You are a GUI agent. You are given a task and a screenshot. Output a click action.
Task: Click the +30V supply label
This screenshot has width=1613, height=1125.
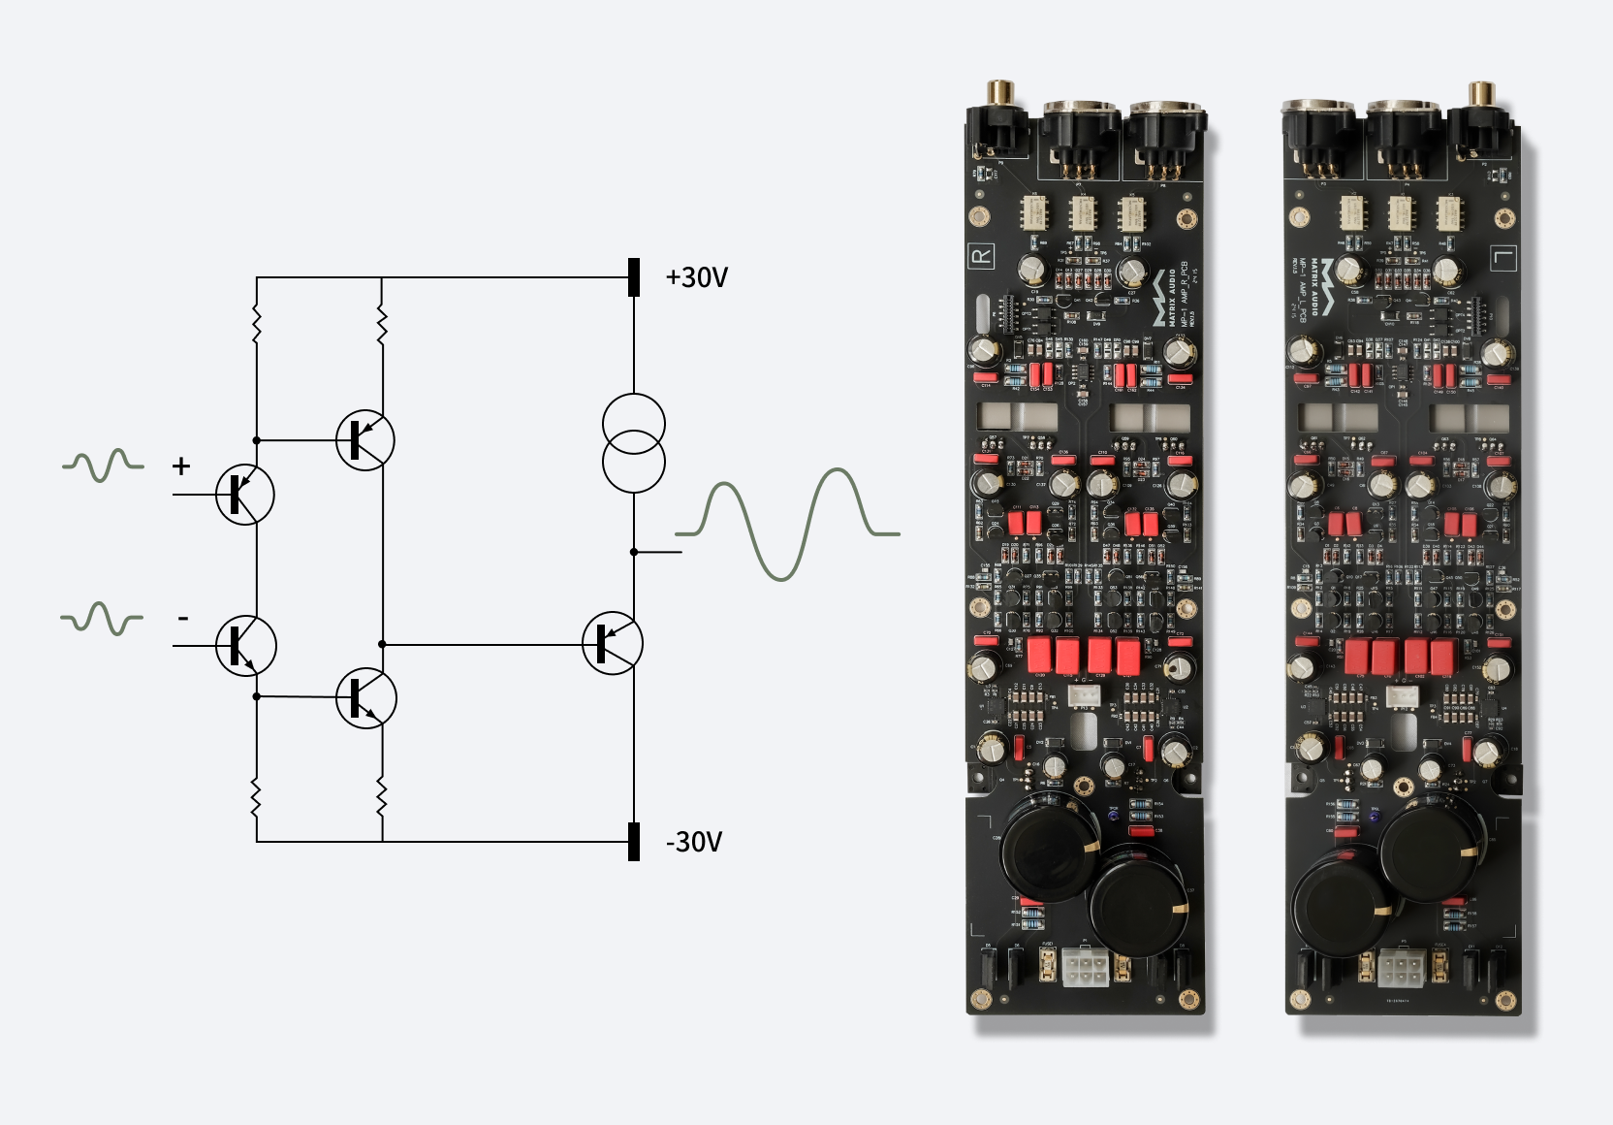click(x=696, y=277)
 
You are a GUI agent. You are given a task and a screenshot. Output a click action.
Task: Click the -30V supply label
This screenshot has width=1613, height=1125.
click(x=694, y=842)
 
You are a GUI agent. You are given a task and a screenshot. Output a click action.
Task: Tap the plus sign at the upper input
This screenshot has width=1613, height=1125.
click(x=181, y=466)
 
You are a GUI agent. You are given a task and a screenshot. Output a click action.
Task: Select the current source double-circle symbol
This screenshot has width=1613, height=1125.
click(x=634, y=442)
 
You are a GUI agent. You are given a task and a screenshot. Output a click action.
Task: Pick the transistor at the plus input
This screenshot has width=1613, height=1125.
click(x=244, y=495)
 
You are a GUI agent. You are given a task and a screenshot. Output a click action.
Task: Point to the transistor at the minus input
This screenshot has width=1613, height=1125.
click(x=245, y=646)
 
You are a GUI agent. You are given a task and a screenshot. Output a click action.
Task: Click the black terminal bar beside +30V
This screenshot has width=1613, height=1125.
click(x=634, y=277)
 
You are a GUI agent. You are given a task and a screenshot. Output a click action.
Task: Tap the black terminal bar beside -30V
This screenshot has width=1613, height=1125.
click(x=634, y=842)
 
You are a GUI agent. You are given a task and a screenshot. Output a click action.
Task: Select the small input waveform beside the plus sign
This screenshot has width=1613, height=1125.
click(x=103, y=466)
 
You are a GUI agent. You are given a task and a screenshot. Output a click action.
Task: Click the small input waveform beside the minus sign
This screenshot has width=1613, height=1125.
click(x=102, y=619)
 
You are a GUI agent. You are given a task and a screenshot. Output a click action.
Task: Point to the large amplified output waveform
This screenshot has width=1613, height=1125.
click(x=787, y=524)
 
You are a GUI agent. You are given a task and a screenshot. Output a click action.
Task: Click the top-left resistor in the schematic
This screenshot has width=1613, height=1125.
click(x=257, y=325)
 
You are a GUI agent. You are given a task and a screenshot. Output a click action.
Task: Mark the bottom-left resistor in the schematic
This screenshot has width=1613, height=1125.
click(x=257, y=798)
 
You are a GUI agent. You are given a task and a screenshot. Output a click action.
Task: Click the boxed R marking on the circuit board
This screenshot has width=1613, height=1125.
click(x=981, y=256)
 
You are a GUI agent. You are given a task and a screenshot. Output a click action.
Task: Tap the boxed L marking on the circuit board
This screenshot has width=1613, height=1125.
click(x=1503, y=258)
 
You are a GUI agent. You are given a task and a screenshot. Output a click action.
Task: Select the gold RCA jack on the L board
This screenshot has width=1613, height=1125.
click(x=1480, y=95)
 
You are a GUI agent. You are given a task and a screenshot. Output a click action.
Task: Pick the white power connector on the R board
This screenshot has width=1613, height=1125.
click(x=1085, y=966)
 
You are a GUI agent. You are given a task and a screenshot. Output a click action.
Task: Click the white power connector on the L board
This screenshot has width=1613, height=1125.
click(x=1400, y=966)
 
